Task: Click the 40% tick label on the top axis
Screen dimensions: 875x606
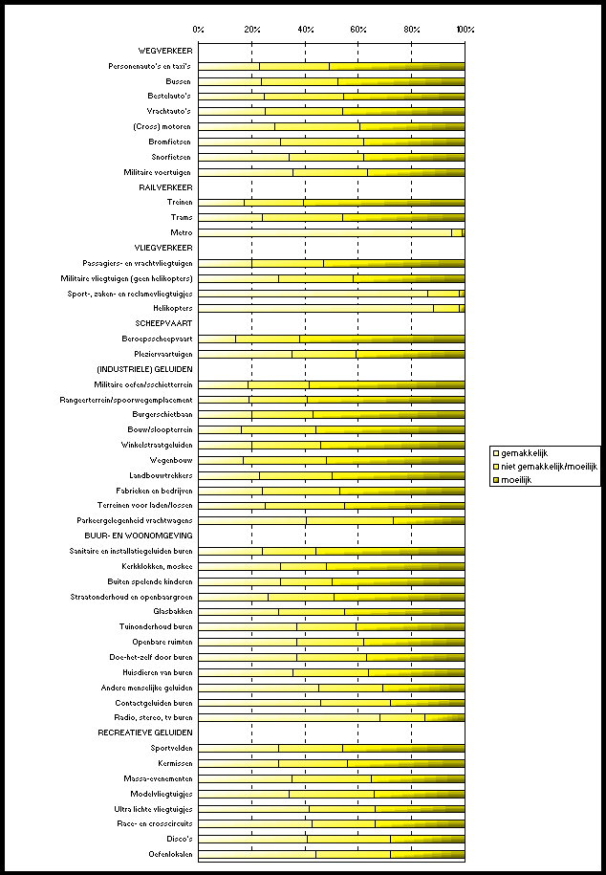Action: coord(305,30)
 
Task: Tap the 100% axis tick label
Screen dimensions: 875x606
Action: coord(465,30)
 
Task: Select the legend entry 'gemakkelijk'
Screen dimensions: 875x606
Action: coord(525,452)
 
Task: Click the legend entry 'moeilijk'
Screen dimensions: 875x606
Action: coord(517,479)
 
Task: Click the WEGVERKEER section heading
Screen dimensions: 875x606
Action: coord(165,51)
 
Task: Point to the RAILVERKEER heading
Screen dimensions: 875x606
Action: coord(165,187)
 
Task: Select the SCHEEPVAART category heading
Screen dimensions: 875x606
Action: coord(164,323)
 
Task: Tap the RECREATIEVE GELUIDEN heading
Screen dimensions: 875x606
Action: coord(145,733)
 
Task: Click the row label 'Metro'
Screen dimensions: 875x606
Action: coord(182,232)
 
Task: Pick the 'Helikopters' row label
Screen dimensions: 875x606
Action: coord(172,308)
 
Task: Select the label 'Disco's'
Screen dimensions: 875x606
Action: coord(178,839)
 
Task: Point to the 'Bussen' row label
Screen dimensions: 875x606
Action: coord(179,81)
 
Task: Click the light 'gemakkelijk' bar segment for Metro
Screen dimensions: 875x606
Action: coord(325,232)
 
